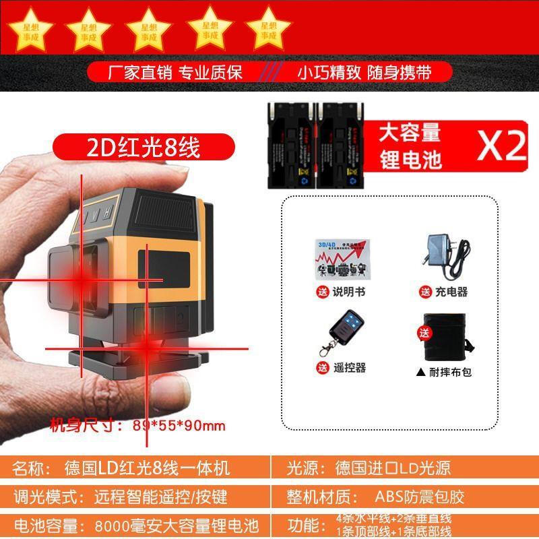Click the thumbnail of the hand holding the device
[x=115, y=283]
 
